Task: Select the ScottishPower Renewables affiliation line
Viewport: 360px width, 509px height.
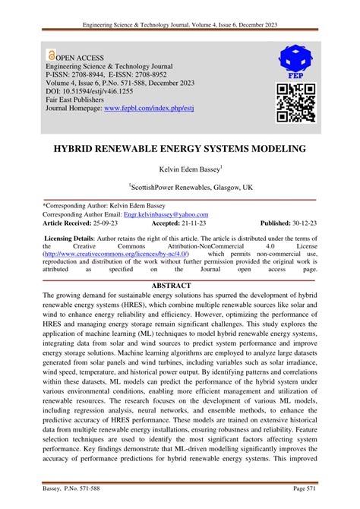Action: tap(179, 185)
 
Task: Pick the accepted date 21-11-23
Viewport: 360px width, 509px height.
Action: tap(197, 225)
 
